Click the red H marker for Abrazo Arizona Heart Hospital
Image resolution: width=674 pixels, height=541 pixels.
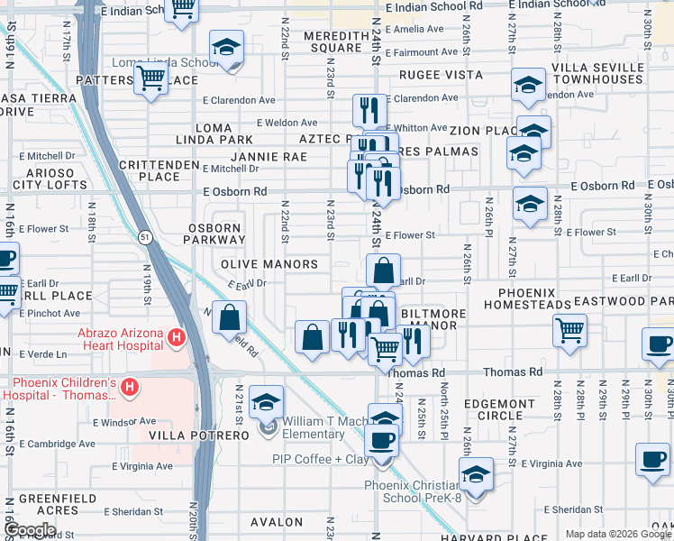177,339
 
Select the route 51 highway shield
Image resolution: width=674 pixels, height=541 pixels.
145,236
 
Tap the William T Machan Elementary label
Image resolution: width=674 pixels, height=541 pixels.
314,427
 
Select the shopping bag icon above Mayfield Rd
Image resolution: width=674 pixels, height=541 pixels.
231,317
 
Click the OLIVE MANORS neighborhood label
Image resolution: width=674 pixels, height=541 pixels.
269,264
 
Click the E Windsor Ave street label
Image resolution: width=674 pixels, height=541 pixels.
125,422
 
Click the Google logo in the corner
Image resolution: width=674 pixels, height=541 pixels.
31,530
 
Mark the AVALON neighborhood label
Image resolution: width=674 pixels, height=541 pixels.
277,522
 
